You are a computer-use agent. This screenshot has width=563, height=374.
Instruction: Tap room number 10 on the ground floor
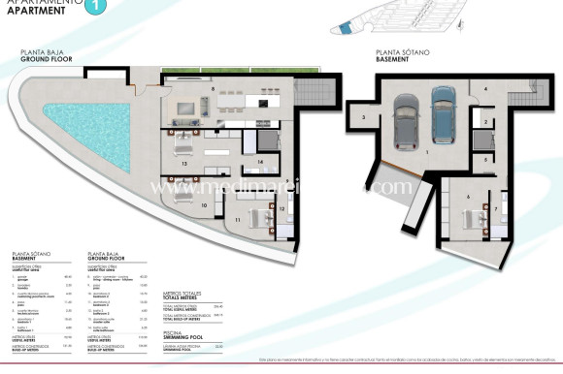203,204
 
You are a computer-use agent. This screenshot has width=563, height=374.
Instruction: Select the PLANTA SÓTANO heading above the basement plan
400,53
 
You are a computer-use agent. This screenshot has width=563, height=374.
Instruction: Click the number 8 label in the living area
213,88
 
